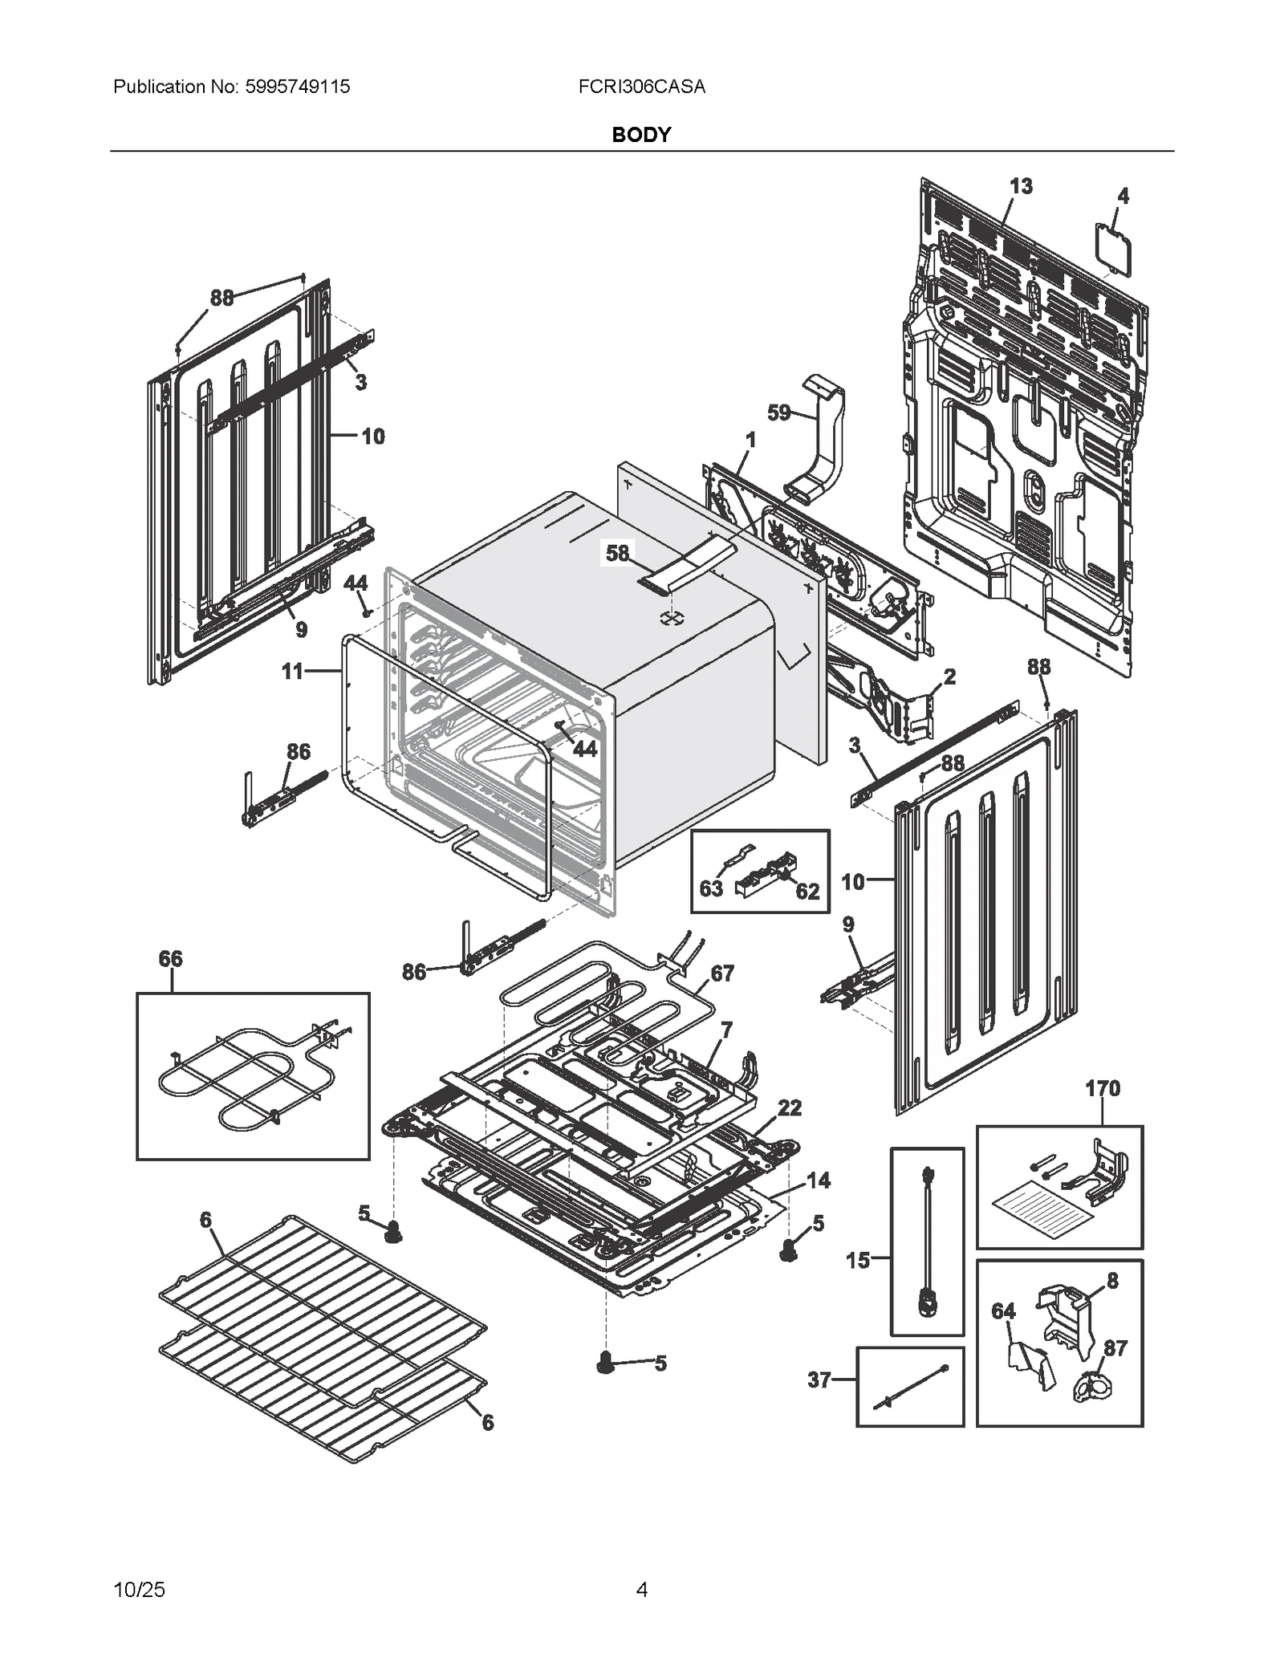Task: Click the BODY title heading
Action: (640, 135)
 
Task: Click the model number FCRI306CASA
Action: (641, 87)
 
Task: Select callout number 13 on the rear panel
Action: (1020, 186)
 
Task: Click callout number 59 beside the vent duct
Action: (779, 412)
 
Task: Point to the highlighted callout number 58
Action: (617, 553)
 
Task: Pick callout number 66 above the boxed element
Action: (170, 958)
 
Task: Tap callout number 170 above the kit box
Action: (1102, 1088)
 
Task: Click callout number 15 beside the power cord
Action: (858, 1260)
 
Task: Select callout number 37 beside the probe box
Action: (819, 1380)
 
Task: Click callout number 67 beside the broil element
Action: (722, 973)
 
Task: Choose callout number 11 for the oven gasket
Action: (292, 670)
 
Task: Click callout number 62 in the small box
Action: (807, 891)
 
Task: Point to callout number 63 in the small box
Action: (711, 888)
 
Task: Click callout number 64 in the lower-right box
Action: (1003, 1311)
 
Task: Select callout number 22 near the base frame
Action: (790, 1107)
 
